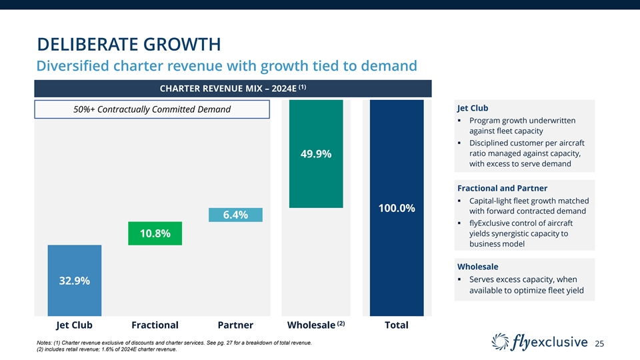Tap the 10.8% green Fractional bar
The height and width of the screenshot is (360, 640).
(x=155, y=233)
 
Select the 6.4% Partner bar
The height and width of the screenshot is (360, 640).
(x=235, y=215)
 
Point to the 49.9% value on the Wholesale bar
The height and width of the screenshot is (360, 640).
(x=315, y=154)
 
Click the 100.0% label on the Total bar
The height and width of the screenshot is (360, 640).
(x=397, y=209)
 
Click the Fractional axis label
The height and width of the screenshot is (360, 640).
(x=155, y=325)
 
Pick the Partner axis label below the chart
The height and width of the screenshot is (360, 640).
(x=235, y=325)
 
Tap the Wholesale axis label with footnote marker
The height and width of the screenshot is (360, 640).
(x=315, y=325)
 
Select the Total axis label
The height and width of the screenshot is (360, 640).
(x=397, y=325)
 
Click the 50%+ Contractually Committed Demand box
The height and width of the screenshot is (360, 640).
(x=152, y=109)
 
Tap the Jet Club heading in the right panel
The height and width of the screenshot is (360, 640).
(x=473, y=108)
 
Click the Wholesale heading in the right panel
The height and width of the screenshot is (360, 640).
(x=477, y=266)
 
